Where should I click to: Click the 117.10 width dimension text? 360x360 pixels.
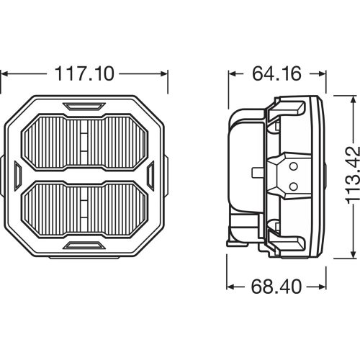click(85, 73)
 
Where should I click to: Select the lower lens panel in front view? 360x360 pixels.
click(85, 210)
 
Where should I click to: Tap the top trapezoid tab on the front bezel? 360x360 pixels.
click(85, 106)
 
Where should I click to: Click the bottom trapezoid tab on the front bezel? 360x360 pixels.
click(85, 245)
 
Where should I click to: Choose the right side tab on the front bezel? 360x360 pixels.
click(152, 175)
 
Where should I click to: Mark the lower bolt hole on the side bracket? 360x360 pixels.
click(293, 186)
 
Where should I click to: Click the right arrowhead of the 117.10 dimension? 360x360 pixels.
click(165, 73)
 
